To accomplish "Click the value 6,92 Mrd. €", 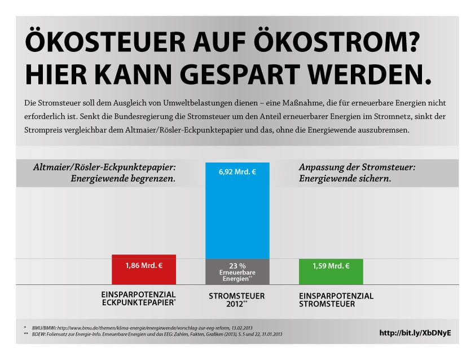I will point(237,171).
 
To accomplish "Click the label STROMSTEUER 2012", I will point(236,300).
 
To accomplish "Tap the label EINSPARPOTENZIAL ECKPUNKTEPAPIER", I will point(139,300).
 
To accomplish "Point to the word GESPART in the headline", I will point(245,73).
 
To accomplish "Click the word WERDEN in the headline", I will point(376,73).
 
